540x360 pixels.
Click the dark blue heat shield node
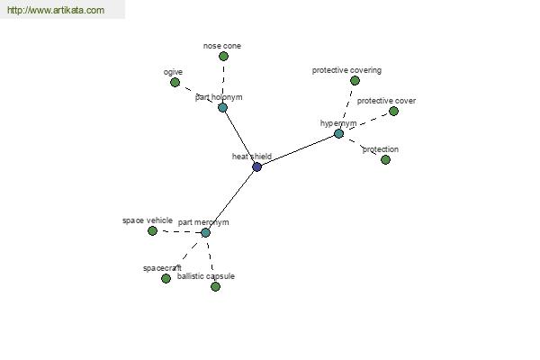[256, 167]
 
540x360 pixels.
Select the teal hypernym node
[339, 134]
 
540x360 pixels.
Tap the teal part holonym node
[223, 107]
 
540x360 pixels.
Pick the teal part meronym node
[205, 233]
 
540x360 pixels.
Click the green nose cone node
[223, 56]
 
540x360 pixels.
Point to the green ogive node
[175, 82]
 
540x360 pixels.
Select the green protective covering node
[355, 81]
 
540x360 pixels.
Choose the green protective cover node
[393, 111]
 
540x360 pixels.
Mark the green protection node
[385, 159]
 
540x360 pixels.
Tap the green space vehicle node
[152, 230]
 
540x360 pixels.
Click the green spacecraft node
[166, 278]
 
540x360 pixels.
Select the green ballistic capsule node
[215, 286]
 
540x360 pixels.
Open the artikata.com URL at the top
[56, 10]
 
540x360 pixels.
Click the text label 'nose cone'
[222, 46]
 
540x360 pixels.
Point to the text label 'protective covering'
[346, 70]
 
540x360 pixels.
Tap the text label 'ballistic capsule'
[206, 276]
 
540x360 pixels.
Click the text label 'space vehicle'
[148, 220]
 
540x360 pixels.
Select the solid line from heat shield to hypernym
[298, 150]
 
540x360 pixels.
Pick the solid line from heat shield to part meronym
[231, 200]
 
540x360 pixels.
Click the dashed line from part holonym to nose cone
[223, 82]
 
